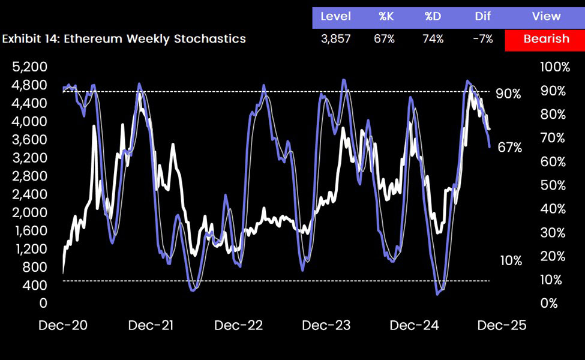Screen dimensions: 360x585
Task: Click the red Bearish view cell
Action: pos(545,39)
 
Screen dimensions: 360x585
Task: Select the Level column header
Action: pos(336,16)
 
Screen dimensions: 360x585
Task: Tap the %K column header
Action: pos(386,16)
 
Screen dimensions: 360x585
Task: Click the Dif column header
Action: pos(482,16)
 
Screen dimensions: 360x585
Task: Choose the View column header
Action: pos(545,16)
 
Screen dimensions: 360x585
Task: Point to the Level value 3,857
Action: pos(336,39)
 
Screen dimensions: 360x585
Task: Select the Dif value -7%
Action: pos(482,39)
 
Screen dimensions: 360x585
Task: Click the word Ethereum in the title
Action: pos(90,39)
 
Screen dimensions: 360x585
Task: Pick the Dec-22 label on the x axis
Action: pos(238,325)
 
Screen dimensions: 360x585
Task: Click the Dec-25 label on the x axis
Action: pos(501,325)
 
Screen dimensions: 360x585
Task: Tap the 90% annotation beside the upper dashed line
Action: pos(508,94)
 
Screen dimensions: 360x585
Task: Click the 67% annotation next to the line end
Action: pos(509,148)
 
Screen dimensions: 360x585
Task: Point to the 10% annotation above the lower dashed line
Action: pos(511,260)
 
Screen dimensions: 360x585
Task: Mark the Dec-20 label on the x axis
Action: pos(63,325)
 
